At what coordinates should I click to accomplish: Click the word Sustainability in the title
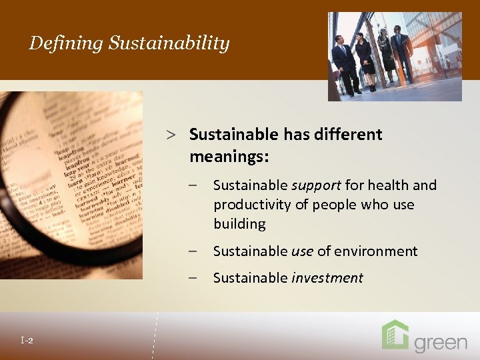pyautogui.click(x=169, y=44)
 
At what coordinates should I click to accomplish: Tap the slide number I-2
pyautogui.click(x=27, y=341)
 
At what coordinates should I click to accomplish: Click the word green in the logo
pyautogui.click(x=441, y=343)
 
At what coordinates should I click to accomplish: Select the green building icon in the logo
pyautogui.click(x=395, y=335)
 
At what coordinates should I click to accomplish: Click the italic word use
pyautogui.click(x=302, y=251)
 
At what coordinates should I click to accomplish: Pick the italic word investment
pyautogui.click(x=327, y=278)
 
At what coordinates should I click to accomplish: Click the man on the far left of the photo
pyautogui.click(x=344, y=63)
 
